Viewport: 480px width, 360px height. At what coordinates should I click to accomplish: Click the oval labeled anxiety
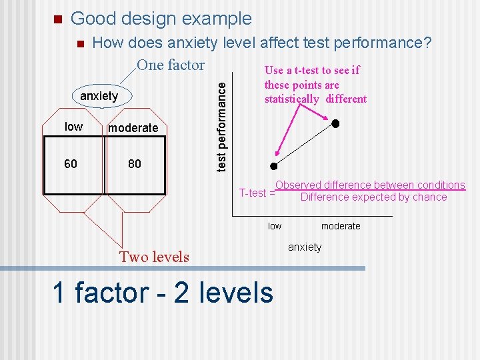pos(99,96)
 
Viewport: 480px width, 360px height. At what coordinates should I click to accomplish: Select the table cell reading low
pos(73,127)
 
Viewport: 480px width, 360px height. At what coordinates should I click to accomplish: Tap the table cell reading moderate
pos(133,127)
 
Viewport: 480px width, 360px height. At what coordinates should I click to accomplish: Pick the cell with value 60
pos(71,163)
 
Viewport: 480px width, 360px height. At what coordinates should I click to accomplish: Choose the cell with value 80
pos(135,163)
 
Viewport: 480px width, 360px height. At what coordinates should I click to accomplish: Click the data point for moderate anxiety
pos(336,123)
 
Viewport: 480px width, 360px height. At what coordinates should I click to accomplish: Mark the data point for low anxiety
pos(273,166)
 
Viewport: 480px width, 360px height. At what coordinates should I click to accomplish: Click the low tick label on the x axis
pos(275,226)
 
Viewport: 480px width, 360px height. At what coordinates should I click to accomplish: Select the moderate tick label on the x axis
pos(340,226)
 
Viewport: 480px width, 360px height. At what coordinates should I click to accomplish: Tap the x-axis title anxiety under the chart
pos(305,247)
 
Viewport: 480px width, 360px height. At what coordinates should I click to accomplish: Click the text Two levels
pos(154,257)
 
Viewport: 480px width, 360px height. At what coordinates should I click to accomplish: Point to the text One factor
pos(170,65)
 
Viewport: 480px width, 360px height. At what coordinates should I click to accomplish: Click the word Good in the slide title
pos(93,19)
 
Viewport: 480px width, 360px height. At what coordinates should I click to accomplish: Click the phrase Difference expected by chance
pos(373,197)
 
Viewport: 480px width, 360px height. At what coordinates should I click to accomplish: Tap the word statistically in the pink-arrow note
pos(292,99)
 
